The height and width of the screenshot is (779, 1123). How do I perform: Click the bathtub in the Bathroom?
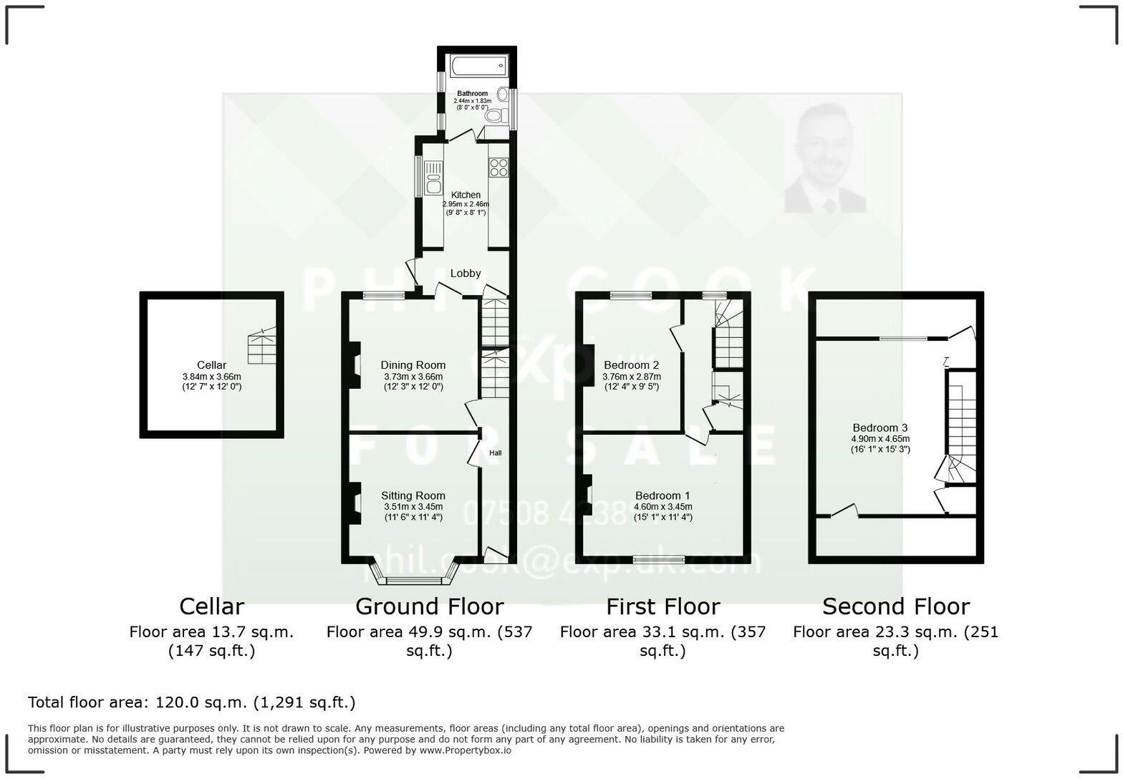(478, 67)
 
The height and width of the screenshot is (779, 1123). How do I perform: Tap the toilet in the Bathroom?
(493, 116)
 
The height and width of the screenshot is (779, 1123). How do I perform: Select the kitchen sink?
(433, 178)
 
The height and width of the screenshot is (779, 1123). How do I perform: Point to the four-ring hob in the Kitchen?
(498, 168)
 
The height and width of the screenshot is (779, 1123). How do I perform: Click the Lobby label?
(466, 273)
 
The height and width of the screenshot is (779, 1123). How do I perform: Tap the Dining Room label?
(413, 365)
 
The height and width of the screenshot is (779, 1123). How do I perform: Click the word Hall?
(496, 453)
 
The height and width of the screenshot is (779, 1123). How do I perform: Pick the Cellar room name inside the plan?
(211, 365)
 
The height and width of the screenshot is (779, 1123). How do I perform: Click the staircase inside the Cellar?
(261, 348)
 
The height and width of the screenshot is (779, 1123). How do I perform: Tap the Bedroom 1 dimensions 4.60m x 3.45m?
(663, 507)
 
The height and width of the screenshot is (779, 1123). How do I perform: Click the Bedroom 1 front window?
(659, 559)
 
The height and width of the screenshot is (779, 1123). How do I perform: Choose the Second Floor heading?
(895, 606)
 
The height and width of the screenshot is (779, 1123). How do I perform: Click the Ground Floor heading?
(429, 606)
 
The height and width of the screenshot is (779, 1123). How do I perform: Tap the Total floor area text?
(192, 702)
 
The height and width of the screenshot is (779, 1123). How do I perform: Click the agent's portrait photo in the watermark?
(826, 159)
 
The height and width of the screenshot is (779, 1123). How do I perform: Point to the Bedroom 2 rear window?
(631, 295)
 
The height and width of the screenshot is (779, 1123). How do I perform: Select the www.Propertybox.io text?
(465, 750)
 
